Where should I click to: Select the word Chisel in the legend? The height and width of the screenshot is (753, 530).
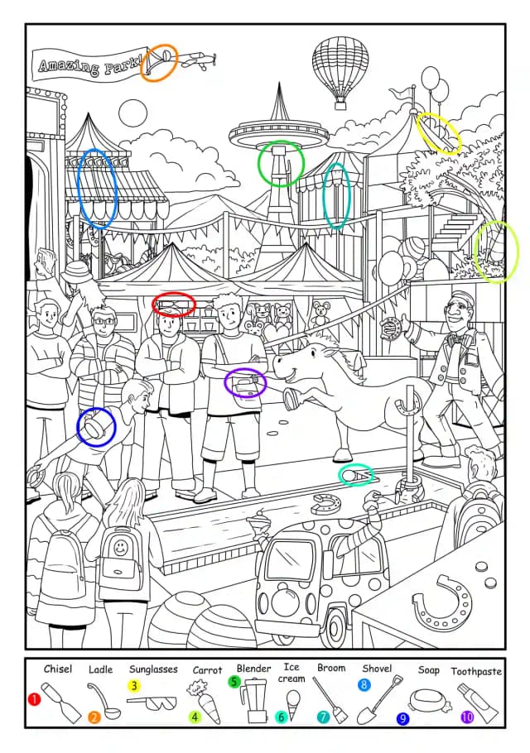pos(58,669)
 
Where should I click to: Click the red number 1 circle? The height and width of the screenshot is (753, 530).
pos(34,699)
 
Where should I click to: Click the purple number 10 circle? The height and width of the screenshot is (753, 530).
pos(467,717)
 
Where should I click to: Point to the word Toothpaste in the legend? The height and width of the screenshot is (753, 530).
pos(476,671)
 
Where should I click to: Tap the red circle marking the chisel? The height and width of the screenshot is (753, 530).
pos(174,305)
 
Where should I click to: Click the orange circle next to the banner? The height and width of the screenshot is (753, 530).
pos(159,62)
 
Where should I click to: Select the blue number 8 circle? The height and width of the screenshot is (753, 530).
pos(364,684)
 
